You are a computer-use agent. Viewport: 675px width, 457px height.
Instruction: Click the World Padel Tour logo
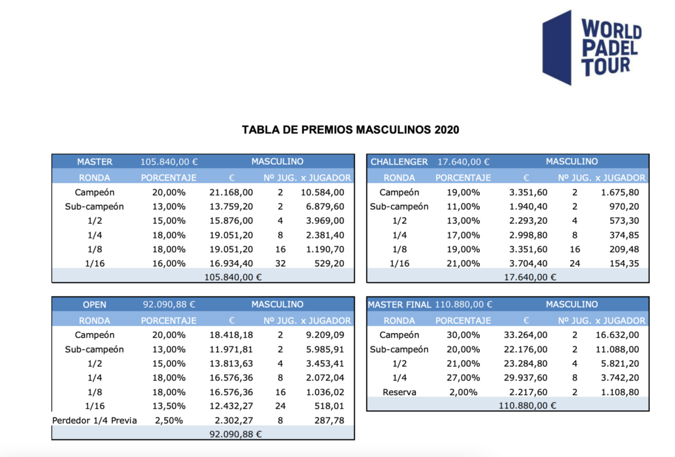point(592,47)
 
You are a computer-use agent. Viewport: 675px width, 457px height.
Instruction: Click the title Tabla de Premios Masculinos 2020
point(351,130)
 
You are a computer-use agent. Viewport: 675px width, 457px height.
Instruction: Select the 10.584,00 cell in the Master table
point(322,192)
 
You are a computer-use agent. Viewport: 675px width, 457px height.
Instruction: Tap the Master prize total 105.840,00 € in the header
point(169,162)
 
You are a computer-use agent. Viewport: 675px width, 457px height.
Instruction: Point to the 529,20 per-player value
point(330,263)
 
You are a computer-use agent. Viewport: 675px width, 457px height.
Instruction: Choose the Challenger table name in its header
point(399,162)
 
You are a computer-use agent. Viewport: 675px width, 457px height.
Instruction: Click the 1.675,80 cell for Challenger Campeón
point(620,192)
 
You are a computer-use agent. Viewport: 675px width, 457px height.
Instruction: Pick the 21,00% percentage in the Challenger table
point(463,263)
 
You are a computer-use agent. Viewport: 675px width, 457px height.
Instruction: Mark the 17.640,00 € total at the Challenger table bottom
point(530,277)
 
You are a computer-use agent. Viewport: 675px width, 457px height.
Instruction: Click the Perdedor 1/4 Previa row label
point(94,421)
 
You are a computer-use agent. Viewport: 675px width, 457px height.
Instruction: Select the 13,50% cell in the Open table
point(169,406)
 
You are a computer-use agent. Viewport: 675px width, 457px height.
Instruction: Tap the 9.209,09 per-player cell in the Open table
point(324,335)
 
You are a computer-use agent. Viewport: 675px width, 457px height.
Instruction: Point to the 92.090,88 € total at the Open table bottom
point(235,434)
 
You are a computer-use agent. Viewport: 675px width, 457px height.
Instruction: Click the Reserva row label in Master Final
point(399,392)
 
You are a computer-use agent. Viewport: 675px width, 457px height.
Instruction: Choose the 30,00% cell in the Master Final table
point(463,335)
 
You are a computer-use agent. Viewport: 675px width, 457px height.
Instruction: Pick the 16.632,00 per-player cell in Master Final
point(617,335)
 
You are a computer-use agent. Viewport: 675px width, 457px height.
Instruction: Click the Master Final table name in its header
point(399,305)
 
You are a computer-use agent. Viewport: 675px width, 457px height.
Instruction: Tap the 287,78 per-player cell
point(330,421)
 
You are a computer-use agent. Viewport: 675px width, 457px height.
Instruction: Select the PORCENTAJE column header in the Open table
point(169,321)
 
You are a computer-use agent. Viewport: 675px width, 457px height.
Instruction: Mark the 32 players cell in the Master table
point(280,263)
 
